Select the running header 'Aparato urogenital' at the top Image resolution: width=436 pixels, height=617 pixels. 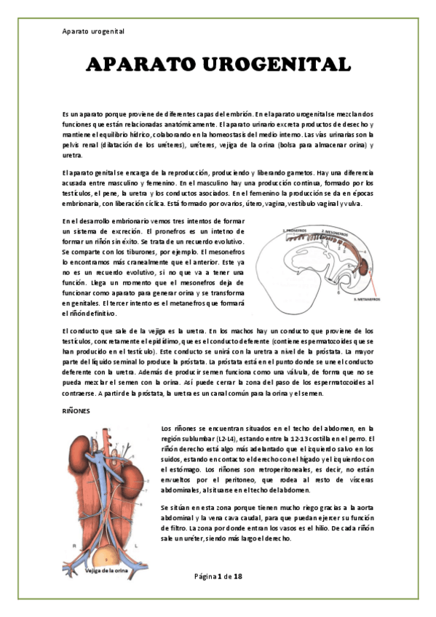(x=94, y=32)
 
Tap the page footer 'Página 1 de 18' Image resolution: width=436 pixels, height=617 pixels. (x=218, y=577)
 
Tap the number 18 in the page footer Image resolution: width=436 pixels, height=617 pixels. (x=237, y=577)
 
